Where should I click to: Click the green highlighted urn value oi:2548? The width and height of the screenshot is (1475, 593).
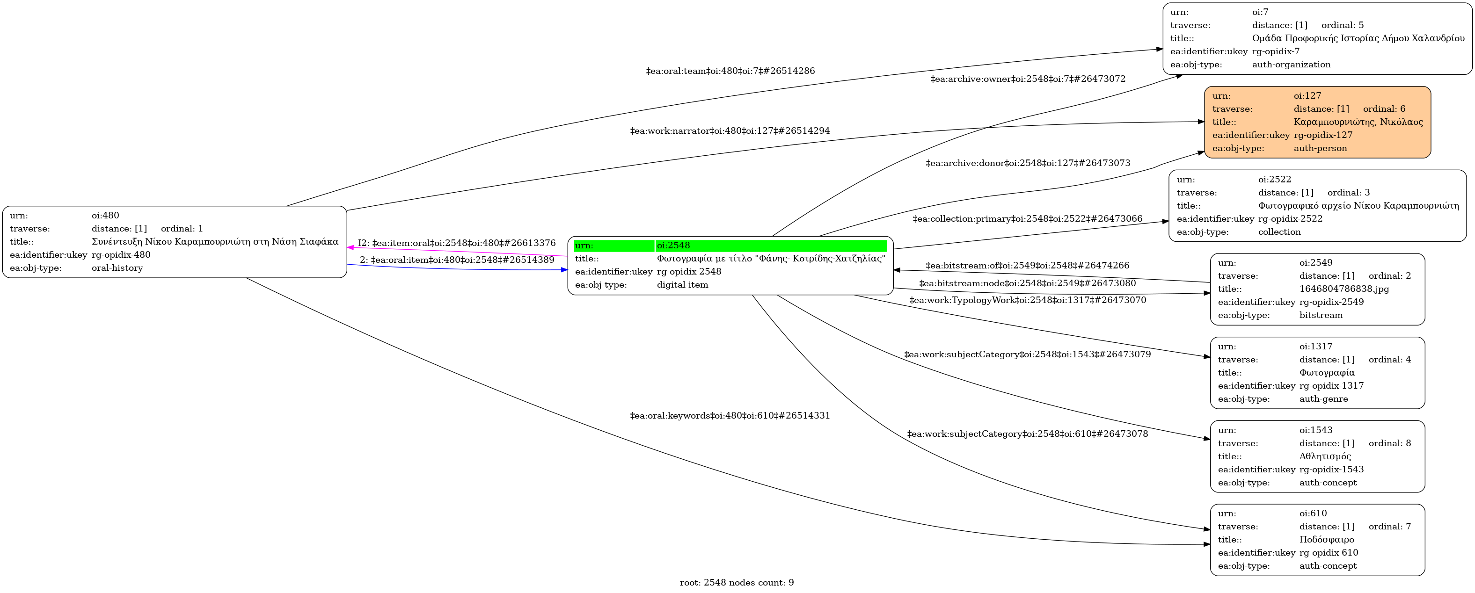673,246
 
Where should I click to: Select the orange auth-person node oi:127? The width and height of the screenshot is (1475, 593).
1317,122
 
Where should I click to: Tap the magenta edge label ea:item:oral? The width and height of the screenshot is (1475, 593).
457,243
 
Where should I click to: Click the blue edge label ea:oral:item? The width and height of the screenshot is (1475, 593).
457,260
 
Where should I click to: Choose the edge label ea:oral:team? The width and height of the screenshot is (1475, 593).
730,71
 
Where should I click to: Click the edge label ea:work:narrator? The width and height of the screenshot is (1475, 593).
730,130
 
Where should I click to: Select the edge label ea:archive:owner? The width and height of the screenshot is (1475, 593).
1028,79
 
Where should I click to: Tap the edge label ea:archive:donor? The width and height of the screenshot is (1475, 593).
1028,163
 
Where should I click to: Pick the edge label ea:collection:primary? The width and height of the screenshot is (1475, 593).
1027,219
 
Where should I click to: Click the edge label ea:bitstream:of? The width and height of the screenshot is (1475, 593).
1027,266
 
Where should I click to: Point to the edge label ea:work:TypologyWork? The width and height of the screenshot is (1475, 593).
1027,300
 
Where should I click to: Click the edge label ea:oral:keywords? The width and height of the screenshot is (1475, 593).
730,416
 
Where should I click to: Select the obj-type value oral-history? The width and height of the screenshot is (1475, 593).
117,268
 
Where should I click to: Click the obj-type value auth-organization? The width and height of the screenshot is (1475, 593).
1291,65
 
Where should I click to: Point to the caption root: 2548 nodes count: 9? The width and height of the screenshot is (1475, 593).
737,583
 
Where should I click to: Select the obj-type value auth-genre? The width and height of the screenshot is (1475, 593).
1323,399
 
